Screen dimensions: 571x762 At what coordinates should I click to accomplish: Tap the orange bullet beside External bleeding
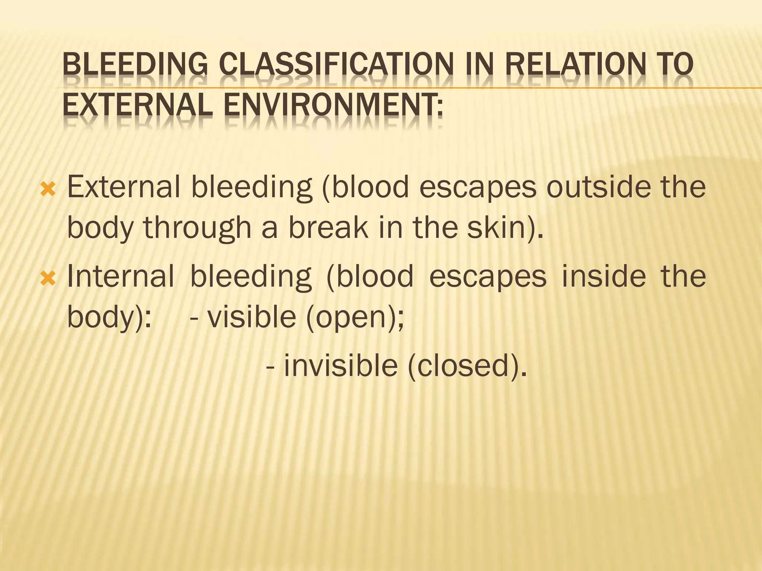[48, 190]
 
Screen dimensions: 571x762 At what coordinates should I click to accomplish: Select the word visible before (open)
[252, 317]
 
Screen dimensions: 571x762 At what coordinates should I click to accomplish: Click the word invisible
[340, 366]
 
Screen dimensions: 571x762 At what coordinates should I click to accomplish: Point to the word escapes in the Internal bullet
[488, 277]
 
